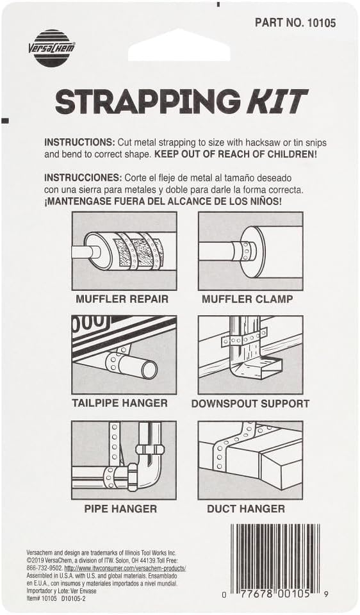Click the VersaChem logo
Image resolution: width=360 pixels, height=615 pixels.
click(x=52, y=48)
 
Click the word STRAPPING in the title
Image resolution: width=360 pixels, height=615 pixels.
click(x=147, y=102)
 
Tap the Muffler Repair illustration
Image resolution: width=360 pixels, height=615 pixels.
click(x=124, y=251)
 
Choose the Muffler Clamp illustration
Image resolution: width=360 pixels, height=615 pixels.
click(x=250, y=251)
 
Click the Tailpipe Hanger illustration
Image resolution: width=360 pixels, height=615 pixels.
click(x=124, y=355)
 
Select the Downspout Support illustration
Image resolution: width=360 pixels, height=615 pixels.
click(x=250, y=355)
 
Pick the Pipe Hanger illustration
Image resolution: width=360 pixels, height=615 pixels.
click(x=124, y=460)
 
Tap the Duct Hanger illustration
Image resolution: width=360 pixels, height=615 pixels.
click(x=250, y=460)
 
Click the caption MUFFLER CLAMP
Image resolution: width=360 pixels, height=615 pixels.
click(x=247, y=299)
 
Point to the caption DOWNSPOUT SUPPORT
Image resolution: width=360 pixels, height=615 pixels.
click(x=250, y=404)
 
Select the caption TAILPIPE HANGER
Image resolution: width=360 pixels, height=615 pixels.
click(x=120, y=403)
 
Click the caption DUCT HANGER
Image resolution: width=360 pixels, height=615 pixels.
click(x=246, y=509)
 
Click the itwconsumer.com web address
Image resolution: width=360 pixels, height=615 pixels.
click(x=125, y=568)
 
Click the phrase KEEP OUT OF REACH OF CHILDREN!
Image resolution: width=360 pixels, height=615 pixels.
click(x=236, y=154)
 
